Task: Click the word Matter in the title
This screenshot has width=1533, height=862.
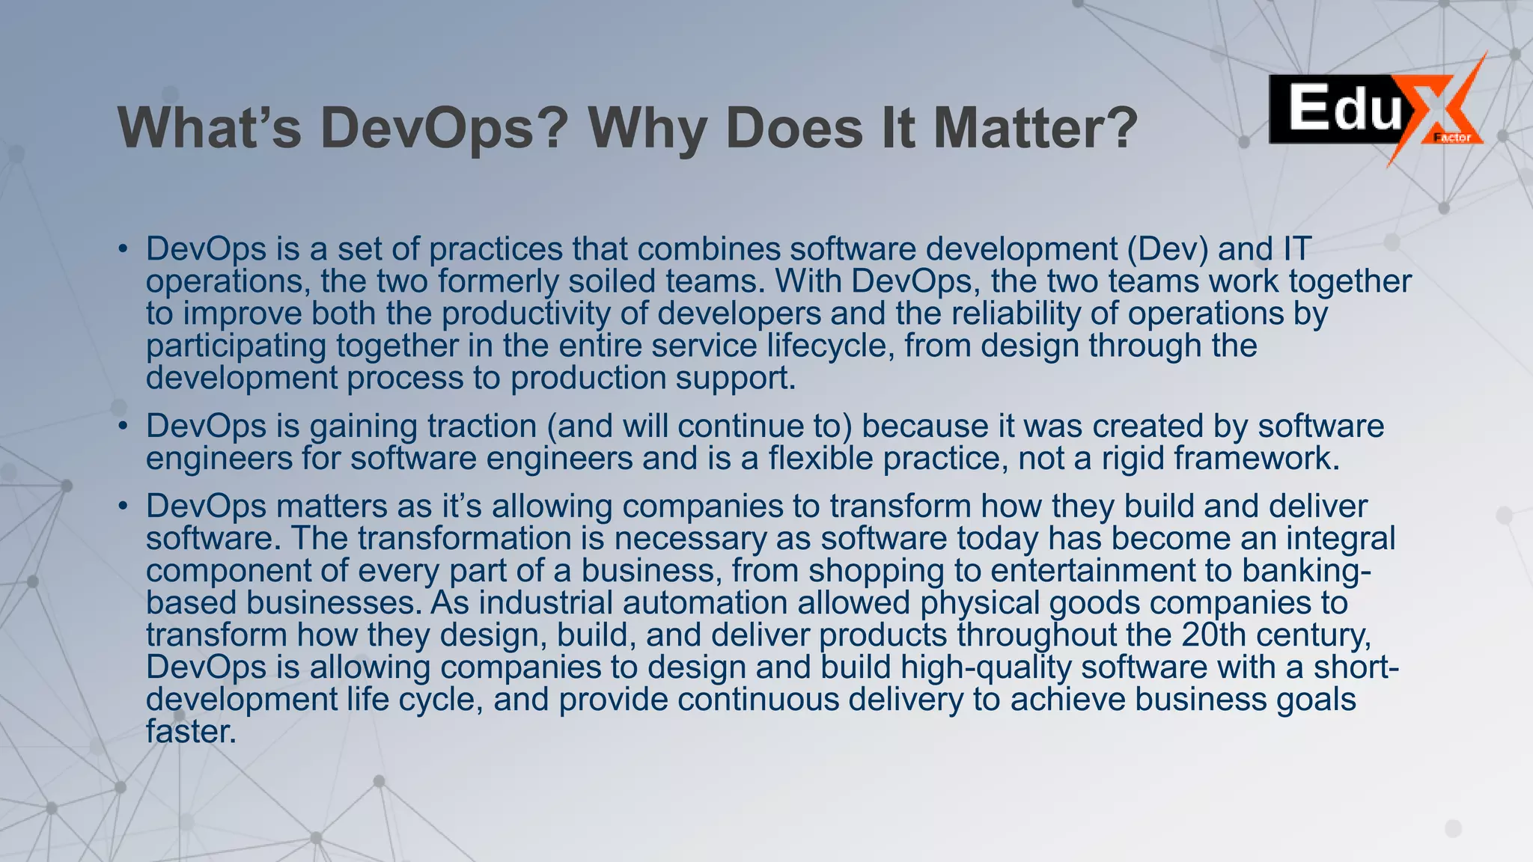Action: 1035,128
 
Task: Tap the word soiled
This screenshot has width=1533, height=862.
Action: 612,281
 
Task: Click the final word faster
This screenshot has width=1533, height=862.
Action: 191,731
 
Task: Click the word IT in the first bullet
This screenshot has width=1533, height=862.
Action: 1296,249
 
